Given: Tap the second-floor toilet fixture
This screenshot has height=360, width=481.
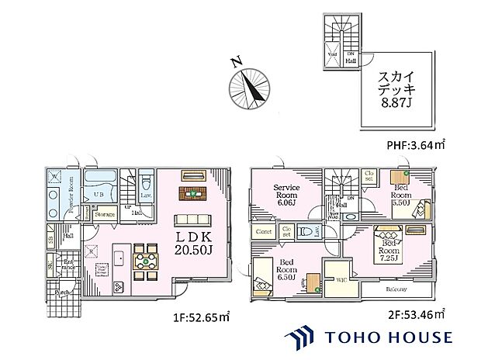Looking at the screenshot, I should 307,230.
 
